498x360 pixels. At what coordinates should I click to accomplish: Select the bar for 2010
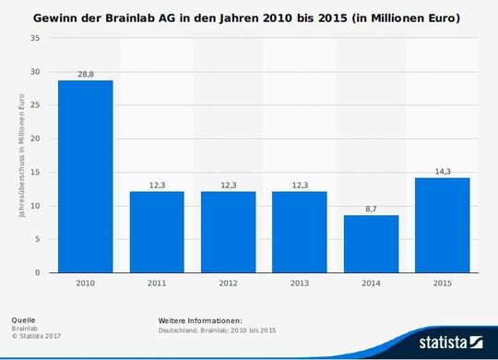[x=85, y=176]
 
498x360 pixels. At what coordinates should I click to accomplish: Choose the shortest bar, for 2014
[x=371, y=244]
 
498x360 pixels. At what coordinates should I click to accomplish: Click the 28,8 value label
[x=85, y=72]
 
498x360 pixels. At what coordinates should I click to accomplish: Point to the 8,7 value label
[x=371, y=208]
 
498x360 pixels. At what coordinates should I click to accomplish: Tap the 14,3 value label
[x=442, y=170]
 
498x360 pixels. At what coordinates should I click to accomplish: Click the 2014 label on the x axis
[x=371, y=283]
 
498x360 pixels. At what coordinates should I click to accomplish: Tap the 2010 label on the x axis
[x=85, y=283]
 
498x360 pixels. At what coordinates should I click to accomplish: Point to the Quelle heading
[x=25, y=319]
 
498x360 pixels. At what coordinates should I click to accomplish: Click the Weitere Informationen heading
[x=199, y=319]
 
